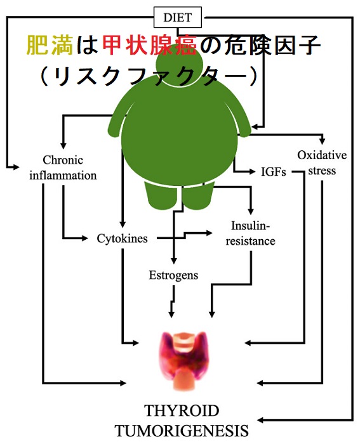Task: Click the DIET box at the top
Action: pos(177,17)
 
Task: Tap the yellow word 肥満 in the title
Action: pos(50,45)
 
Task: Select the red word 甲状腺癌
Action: pos(149,45)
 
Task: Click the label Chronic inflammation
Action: pos(63,168)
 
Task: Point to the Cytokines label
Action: pos(122,238)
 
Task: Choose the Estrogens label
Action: pos(173,275)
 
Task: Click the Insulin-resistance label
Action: pos(250,233)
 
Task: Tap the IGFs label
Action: pos(274,172)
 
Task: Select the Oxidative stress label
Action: pos(322,163)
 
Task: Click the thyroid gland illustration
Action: pos(184,360)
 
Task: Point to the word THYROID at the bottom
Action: pos(182,411)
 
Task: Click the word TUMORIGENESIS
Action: pos(182,431)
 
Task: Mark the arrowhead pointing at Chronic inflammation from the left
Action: pos(16,167)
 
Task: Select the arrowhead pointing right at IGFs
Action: pos(251,171)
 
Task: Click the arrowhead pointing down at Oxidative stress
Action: pos(322,141)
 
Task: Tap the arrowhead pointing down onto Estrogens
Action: pos(174,261)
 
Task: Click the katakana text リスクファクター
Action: pos(149,77)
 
